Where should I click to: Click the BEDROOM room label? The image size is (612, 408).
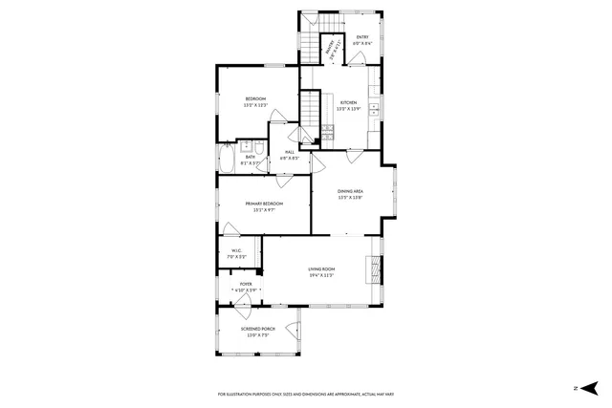click(x=255, y=99)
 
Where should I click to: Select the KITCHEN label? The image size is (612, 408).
click(x=347, y=102)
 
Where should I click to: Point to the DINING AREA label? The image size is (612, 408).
click(x=350, y=192)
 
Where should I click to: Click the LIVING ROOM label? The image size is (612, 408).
click(x=321, y=269)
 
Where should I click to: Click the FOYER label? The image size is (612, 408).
click(x=246, y=284)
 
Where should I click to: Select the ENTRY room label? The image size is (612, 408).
click(x=362, y=37)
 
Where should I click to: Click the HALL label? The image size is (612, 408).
click(x=289, y=153)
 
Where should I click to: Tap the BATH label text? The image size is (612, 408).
click(x=249, y=158)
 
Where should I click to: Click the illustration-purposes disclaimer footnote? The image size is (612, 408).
click(x=306, y=394)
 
